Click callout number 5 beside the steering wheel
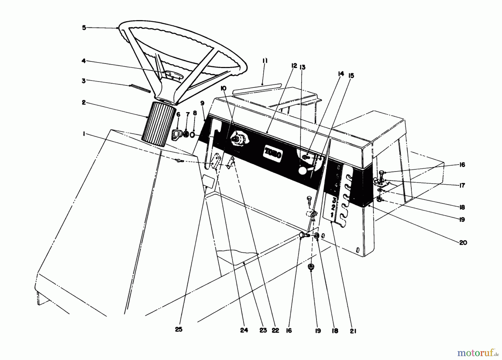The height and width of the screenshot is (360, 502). coord(84,28)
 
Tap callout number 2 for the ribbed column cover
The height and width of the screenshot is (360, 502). coord(84,103)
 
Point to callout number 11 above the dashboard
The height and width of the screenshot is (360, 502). coord(265,61)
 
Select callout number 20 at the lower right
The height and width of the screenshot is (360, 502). coord(463,243)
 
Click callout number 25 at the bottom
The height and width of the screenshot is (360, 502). coord(179,329)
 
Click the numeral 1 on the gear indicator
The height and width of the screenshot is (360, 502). coord(332,215)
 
